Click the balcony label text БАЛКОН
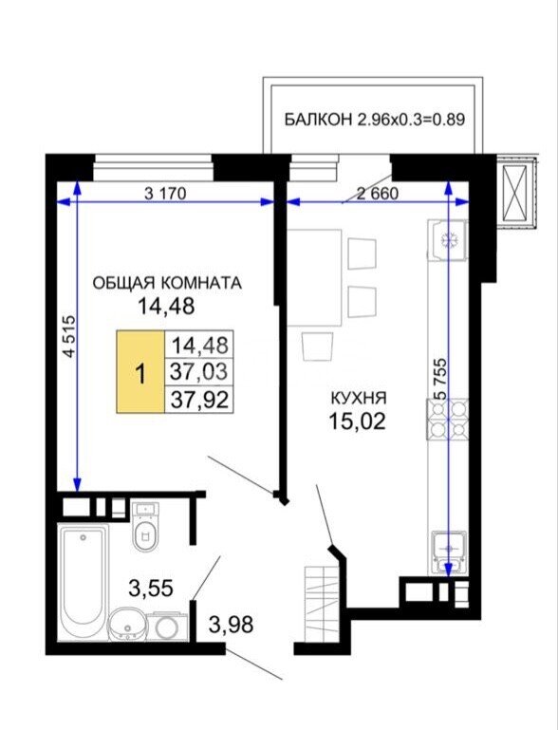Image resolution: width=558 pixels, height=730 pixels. [x=318, y=120]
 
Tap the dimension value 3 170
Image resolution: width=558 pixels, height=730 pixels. [x=165, y=193]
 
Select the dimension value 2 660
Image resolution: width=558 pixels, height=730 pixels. [x=378, y=193]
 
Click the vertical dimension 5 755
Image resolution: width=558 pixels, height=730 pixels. [x=440, y=378]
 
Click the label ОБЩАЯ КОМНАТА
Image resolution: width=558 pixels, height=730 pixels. [x=167, y=283]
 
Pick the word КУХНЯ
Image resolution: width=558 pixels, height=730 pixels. [x=359, y=399]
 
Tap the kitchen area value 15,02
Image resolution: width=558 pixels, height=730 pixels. [x=358, y=421]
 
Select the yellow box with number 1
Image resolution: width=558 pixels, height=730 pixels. [x=140, y=372]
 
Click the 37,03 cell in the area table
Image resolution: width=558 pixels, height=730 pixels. [x=199, y=371]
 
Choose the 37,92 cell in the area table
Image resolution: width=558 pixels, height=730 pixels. [x=199, y=399]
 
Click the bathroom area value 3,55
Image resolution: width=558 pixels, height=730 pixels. [x=150, y=589]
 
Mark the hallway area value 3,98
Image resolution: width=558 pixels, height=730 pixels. [x=232, y=625]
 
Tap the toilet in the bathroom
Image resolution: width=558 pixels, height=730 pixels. [x=145, y=527]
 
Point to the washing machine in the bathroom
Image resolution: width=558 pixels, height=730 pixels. [x=167, y=627]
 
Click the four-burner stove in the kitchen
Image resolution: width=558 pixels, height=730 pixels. [x=448, y=419]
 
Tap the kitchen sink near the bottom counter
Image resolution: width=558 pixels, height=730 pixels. [x=449, y=550]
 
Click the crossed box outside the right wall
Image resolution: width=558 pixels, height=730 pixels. [x=517, y=192]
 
